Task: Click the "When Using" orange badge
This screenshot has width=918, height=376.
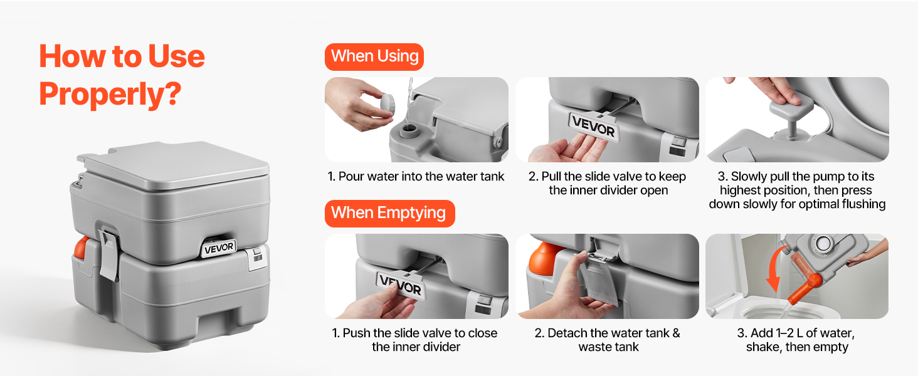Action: [374, 56]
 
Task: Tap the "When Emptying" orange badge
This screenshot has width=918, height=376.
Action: [390, 214]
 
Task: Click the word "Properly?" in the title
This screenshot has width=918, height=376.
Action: [110, 94]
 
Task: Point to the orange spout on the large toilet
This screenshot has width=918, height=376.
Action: [81, 248]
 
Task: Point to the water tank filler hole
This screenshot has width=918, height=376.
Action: [409, 130]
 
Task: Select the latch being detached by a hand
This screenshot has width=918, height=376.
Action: [598, 278]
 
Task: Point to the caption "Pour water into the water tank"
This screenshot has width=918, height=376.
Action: [416, 177]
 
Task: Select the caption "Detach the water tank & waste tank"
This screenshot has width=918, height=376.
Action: [608, 340]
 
